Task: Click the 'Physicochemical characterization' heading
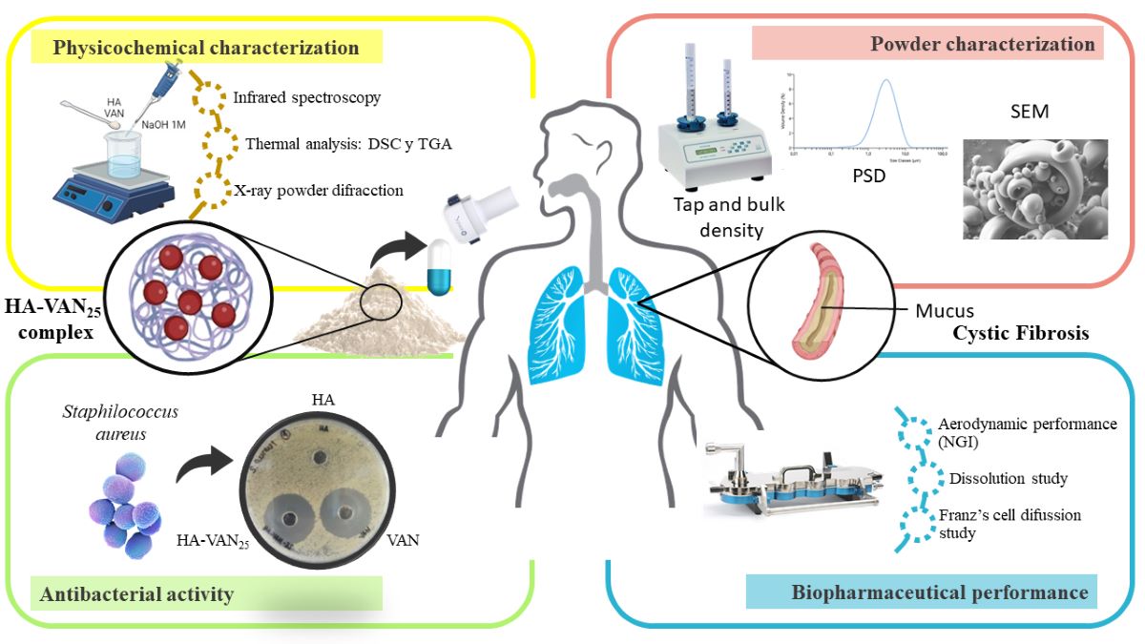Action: click(x=206, y=47)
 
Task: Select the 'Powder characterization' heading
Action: click(x=982, y=44)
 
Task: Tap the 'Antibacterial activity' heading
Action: click(x=137, y=594)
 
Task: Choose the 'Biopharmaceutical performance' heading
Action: click(x=940, y=592)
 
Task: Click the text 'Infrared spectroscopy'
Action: click(x=306, y=97)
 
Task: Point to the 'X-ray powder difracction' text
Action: click(x=319, y=190)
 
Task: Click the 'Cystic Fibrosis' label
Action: click(x=1019, y=335)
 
